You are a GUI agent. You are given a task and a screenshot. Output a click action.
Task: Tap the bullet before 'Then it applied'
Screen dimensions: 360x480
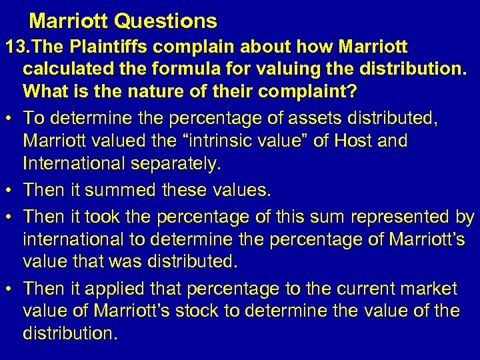click(9, 289)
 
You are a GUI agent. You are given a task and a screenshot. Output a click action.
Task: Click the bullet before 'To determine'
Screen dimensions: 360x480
click(9, 120)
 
